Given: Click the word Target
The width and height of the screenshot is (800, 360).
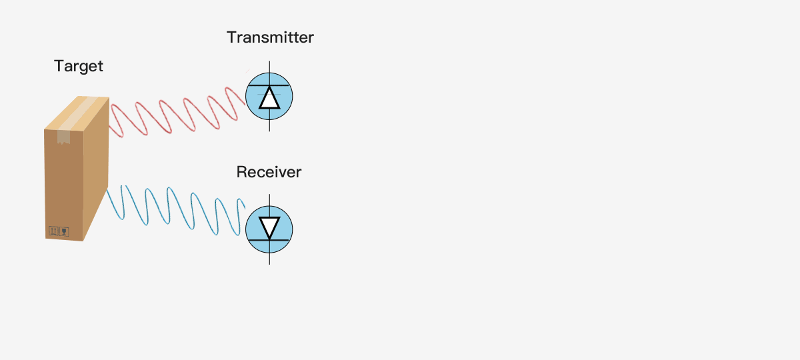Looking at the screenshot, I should pos(79,66).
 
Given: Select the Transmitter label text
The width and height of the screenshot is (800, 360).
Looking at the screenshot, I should pos(270,37).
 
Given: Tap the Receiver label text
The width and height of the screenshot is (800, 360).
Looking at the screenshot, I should pos(269,172).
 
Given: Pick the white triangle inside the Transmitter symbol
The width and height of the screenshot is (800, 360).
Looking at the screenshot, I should pos(269,99).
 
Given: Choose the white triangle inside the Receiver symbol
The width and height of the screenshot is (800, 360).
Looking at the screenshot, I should pos(269,227).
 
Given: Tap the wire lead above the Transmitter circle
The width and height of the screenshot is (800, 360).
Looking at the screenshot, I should pos(269,67).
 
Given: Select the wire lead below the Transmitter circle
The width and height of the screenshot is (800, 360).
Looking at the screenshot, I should pos(269,126).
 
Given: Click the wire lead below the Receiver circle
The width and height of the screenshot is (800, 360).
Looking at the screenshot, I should pos(269,259).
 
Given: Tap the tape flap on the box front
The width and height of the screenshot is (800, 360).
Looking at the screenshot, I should pos(63,137).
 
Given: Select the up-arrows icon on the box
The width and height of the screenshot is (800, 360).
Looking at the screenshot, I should pos(53,231).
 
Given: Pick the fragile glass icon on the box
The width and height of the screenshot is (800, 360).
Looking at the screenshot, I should pos(64,232).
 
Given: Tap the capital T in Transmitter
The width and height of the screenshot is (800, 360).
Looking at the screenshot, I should pos(231,37).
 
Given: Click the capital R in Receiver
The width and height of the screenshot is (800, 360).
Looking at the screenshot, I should pos(242,172).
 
